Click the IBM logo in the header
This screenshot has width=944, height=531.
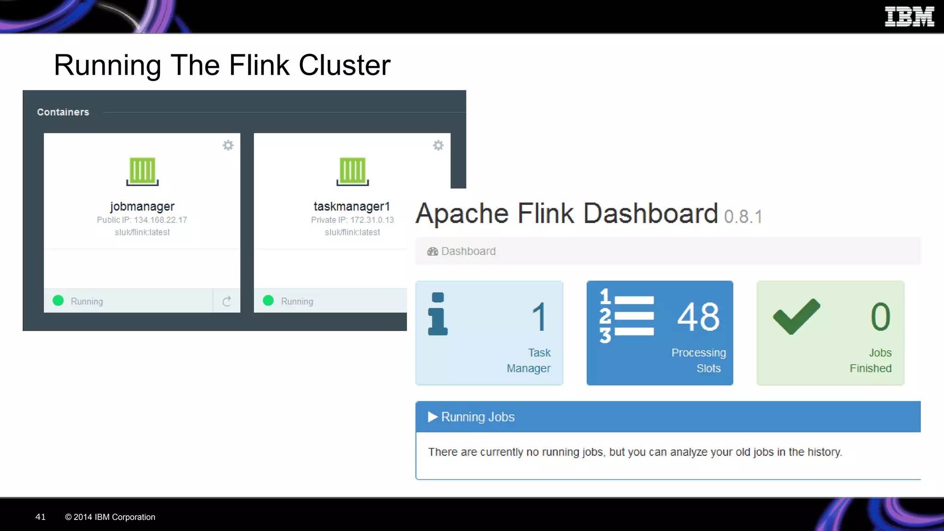909,17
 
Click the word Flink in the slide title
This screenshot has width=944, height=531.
259,65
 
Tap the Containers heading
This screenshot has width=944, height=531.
63,112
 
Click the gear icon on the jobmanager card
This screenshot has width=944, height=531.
228,146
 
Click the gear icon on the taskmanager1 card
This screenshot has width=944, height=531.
438,146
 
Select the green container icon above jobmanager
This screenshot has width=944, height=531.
142,171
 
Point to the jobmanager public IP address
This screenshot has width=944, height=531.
160,220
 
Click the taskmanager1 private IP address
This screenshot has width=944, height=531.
372,220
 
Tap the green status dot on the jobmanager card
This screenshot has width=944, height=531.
58,301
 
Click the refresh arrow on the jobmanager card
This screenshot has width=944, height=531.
226,301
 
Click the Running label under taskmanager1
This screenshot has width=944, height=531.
297,301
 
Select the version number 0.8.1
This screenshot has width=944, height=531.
743,217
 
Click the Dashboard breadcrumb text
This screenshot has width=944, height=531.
468,251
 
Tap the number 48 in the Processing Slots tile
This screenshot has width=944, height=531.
698,317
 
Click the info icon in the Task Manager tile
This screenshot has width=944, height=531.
437,314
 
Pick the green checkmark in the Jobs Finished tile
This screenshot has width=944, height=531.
796,316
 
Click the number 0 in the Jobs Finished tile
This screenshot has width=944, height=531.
880,317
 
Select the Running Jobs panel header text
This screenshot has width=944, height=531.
478,417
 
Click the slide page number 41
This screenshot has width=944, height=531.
41,517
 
